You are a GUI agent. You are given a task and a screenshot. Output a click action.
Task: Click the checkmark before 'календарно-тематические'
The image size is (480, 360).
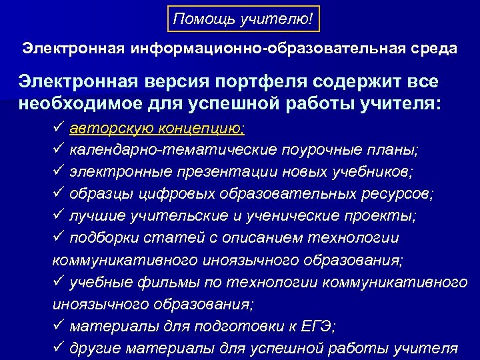click(57, 151)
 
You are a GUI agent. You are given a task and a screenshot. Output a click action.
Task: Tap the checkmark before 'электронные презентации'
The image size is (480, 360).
click(57, 173)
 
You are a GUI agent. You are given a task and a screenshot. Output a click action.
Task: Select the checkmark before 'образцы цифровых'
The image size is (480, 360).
click(57, 195)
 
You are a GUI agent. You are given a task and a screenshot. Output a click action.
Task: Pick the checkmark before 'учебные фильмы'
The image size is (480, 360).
click(57, 282)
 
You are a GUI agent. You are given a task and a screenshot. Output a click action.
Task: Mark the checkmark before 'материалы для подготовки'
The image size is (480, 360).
click(57, 326)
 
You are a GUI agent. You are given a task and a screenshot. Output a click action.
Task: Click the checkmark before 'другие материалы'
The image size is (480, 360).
click(57, 348)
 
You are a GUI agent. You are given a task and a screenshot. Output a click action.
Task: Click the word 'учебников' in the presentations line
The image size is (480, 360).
click(374, 173)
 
